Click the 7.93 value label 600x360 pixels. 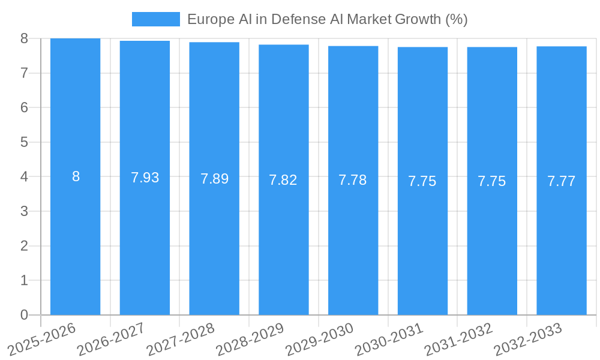click(145, 178)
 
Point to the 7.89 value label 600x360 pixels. click(214, 179)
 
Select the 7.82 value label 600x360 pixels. click(283, 180)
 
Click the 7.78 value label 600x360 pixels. click(353, 180)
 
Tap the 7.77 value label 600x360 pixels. click(561, 181)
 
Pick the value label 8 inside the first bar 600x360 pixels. click(76, 176)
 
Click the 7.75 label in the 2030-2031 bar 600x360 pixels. click(422, 181)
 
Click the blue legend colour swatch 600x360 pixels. click(156, 19)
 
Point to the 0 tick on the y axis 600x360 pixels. click(24, 315)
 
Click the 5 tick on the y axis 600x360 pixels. click(24, 142)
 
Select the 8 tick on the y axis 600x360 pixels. click(24, 38)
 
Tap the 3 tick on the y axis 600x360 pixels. click(24, 211)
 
